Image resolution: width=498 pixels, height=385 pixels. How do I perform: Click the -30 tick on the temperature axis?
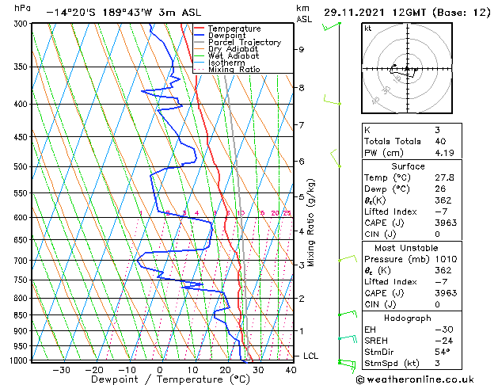(61, 369)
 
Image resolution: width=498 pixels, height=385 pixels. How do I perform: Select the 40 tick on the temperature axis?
(291, 369)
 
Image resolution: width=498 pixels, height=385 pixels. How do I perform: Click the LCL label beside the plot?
(310, 356)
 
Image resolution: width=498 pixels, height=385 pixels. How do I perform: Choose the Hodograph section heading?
(409, 318)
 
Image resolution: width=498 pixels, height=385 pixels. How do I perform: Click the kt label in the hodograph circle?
(368, 29)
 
